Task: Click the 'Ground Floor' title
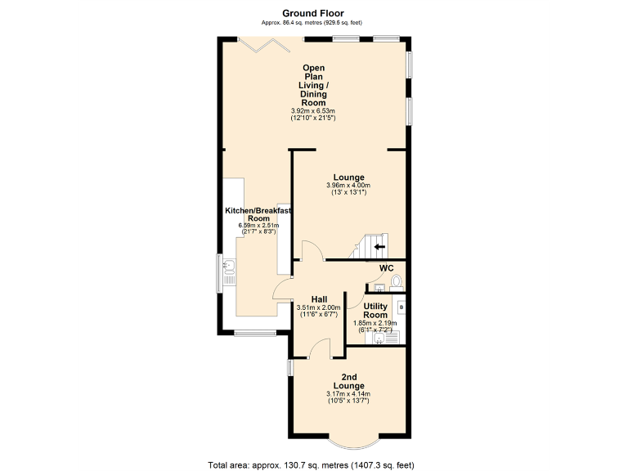coord(313,12)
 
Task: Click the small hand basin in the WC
coord(378,288)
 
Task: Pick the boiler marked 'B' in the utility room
coord(401,307)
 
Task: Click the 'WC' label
coord(387,268)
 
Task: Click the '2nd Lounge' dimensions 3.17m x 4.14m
coord(348,394)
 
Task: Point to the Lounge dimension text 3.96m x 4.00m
coord(348,186)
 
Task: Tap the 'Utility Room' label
coord(375,311)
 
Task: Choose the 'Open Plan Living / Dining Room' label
coord(313,85)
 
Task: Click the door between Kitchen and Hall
coord(283,288)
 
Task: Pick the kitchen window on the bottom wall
coord(252,333)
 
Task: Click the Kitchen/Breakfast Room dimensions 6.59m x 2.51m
coord(258,226)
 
